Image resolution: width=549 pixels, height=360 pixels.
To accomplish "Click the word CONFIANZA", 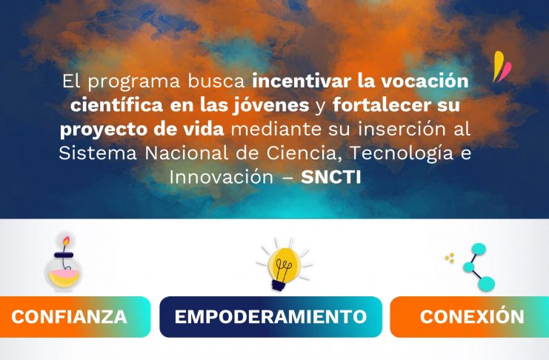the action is point(69,316).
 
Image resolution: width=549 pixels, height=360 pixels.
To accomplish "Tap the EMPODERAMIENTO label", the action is point(270,316).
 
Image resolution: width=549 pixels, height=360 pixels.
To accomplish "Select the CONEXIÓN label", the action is point(472,316).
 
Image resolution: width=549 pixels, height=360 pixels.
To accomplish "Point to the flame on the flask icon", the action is point(66,241).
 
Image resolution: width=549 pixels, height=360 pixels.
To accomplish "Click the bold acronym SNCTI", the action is point(331,177).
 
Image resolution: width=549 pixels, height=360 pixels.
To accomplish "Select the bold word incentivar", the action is point(302,81).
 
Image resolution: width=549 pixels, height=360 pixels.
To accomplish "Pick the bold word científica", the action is point(116,104).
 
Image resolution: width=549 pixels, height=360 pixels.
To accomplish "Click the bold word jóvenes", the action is point(270,105).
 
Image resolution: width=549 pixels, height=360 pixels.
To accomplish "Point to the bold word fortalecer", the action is point(382,104).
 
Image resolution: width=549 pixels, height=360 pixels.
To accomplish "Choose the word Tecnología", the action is point(402,154).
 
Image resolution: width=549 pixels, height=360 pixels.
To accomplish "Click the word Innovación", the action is point(222,177).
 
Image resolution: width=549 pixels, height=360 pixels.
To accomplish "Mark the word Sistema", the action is point(98,153).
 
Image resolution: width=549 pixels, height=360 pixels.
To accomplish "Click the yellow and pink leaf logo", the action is point(502,67).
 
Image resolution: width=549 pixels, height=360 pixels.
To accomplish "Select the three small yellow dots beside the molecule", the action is point(450,258).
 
